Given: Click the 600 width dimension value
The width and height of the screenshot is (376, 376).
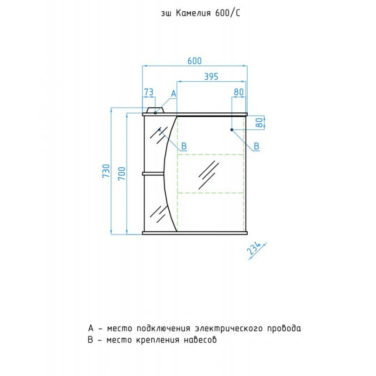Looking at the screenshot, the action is [x=195, y=61].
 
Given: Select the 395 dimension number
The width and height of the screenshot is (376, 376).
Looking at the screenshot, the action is [x=211, y=77].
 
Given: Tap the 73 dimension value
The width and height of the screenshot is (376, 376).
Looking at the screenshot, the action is [x=149, y=92].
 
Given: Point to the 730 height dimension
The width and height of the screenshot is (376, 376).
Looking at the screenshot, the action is [x=106, y=171].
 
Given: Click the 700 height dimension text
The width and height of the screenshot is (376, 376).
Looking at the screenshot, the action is [x=122, y=173].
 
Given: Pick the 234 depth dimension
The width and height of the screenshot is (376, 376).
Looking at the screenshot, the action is [x=254, y=249].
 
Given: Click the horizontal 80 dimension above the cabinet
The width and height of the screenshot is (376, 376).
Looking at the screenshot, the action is [x=239, y=92].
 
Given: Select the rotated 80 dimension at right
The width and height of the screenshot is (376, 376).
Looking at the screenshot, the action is [x=259, y=123].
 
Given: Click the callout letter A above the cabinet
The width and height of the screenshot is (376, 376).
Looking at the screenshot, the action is [x=173, y=94].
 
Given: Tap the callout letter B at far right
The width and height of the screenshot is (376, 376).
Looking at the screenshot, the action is [x=256, y=146].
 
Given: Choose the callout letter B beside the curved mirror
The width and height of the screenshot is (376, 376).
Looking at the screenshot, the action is [x=184, y=146].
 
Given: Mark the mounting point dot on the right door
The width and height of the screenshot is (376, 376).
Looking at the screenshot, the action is [x=232, y=130].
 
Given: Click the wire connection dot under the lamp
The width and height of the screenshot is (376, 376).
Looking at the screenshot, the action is [x=156, y=113].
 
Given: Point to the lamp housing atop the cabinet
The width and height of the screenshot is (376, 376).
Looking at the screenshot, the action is [x=156, y=110].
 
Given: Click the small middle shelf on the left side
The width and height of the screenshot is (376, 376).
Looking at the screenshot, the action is [x=153, y=173].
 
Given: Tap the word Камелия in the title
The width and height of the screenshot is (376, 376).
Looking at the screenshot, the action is [x=193, y=14].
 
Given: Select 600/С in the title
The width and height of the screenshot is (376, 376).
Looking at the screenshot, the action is [x=227, y=13].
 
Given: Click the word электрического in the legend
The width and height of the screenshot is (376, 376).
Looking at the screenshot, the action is [x=229, y=328].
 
